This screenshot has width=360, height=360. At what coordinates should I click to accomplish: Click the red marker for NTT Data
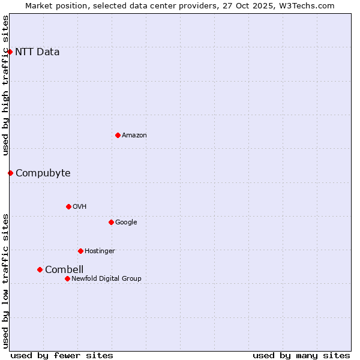click(10, 52)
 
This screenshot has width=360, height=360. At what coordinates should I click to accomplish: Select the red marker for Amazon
click(118, 135)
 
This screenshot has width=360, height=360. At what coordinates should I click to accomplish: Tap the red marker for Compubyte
click(10, 173)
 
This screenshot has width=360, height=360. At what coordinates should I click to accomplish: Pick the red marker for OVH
click(68, 206)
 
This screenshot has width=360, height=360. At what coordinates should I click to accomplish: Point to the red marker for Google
click(111, 222)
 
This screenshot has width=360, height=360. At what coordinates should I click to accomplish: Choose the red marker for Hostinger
click(80, 251)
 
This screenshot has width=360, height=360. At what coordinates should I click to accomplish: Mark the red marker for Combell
click(40, 269)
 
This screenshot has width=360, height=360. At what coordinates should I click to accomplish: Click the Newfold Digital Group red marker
click(67, 278)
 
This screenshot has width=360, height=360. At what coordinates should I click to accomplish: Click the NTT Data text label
click(37, 52)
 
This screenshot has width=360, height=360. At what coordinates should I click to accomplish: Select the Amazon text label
click(134, 135)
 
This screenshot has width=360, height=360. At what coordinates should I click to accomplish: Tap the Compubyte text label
click(43, 173)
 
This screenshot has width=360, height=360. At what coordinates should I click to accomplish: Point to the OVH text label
click(80, 206)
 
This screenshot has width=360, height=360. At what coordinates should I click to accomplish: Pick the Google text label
click(126, 222)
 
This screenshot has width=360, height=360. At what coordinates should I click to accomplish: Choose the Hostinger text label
click(100, 251)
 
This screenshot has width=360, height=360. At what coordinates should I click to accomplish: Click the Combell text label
click(64, 269)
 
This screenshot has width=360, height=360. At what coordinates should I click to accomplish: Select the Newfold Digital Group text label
click(106, 278)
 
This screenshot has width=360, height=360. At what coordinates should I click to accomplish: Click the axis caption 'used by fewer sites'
click(62, 355)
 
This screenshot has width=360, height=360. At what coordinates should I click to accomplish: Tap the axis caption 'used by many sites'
click(301, 355)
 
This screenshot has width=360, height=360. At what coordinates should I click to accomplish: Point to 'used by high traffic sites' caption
click(5, 85)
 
